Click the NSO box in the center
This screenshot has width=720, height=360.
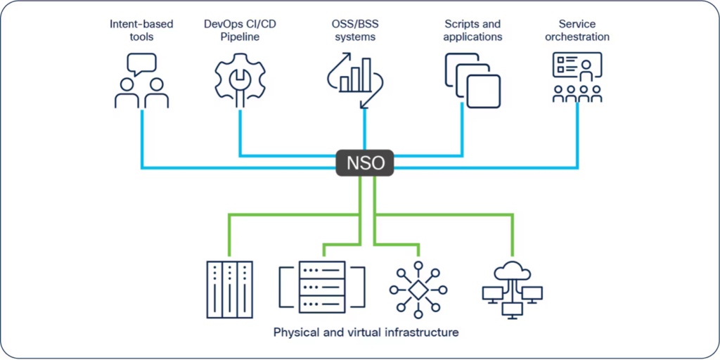[x=364, y=163]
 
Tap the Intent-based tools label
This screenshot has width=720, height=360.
[x=141, y=30]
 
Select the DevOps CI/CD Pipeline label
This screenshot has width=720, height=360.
[x=240, y=30]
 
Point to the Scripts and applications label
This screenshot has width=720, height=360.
[x=472, y=30]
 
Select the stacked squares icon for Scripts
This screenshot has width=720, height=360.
[x=472, y=80]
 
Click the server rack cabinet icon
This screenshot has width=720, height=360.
[x=229, y=289]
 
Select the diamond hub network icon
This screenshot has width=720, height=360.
[x=418, y=289]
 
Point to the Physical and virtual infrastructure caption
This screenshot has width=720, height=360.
[x=366, y=332]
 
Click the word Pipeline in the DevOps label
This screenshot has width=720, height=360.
[x=240, y=37]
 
